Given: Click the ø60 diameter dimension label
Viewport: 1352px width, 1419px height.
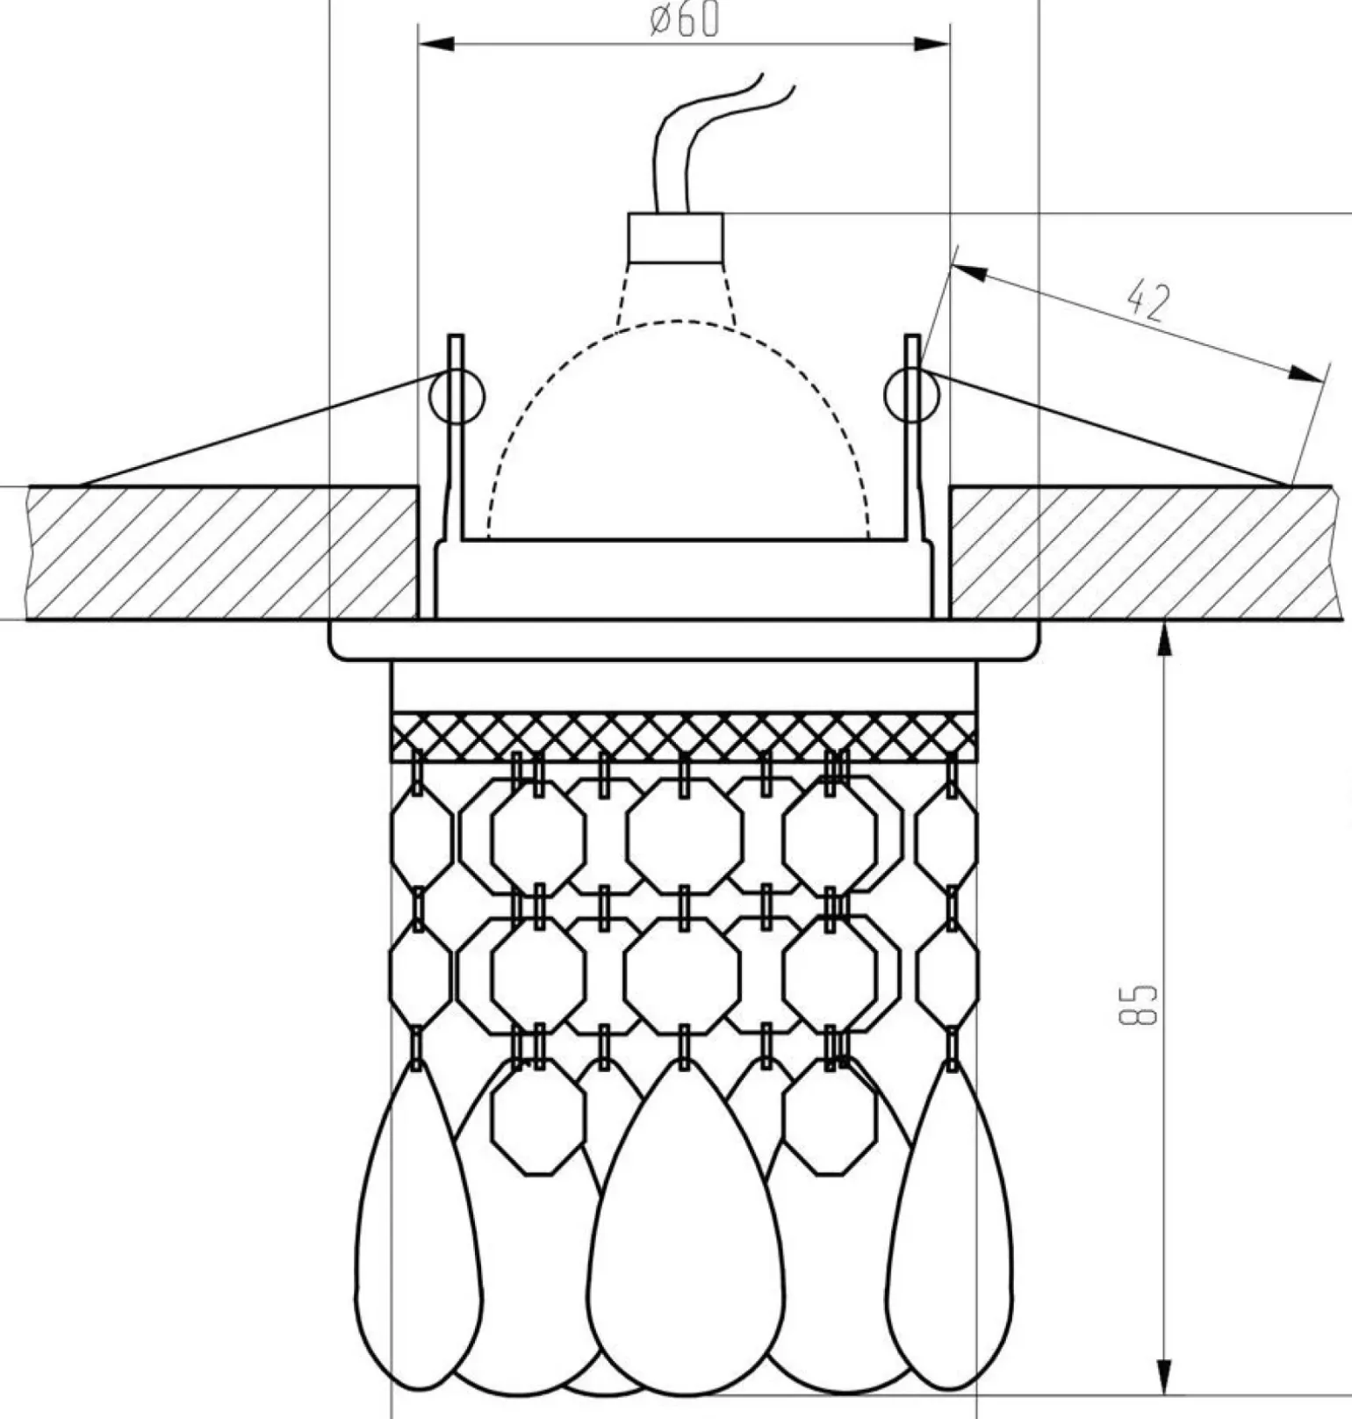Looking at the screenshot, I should [x=684, y=20].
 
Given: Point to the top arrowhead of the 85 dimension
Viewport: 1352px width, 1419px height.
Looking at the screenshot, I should [x=1164, y=637].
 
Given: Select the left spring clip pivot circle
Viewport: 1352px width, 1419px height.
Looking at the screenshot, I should [x=457, y=396].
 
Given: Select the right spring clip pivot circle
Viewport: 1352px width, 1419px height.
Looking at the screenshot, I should [x=912, y=395].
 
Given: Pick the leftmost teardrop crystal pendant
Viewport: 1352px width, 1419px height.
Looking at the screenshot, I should [x=418, y=1229].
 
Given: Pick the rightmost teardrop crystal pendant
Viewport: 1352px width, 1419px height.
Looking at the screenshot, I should [x=950, y=1229].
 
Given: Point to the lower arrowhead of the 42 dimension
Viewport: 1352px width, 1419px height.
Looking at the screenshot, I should [x=1308, y=375].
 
